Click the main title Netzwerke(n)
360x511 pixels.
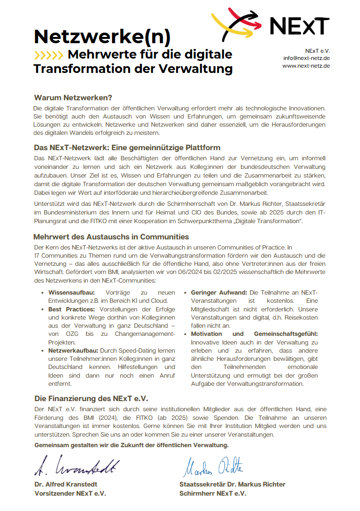[102, 36]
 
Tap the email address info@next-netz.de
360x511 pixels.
[306, 58]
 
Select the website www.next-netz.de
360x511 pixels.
[306, 66]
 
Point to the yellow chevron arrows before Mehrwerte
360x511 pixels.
[48, 54]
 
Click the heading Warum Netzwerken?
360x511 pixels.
[73, 97]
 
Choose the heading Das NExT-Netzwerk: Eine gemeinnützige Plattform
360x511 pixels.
[127, 147]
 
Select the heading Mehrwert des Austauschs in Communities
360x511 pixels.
[111, 237]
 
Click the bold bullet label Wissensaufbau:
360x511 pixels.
[72, 292]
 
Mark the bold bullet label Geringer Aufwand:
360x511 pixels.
[219, 292]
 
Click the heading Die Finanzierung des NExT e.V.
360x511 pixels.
[91, 398]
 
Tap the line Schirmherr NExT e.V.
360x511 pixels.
[213, 493]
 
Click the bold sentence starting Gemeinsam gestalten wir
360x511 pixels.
[132, 445]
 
